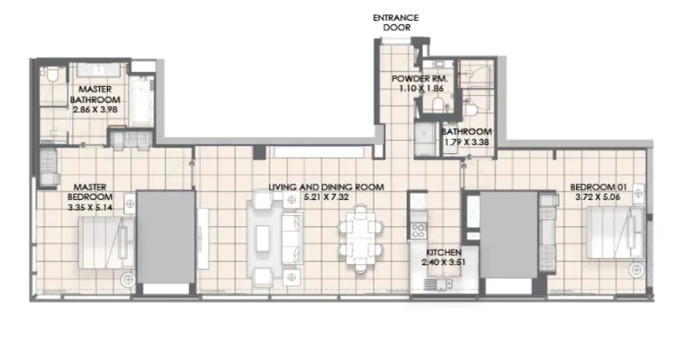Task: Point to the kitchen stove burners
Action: click(x=418, y=230)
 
